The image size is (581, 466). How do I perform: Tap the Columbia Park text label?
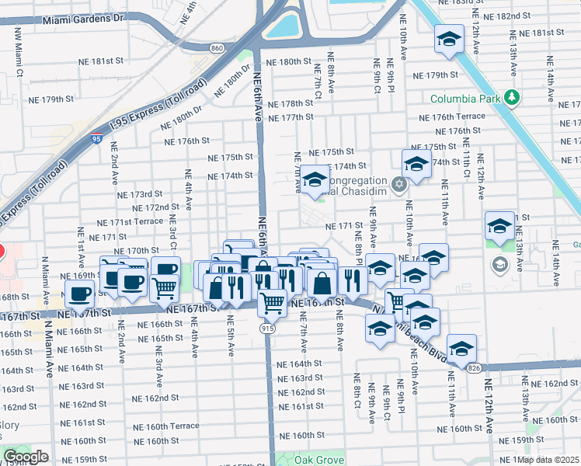click(465, 98)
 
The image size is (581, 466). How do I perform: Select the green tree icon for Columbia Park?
click(511, 97)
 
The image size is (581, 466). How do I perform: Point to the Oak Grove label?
click(319, 460)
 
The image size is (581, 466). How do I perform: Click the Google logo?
click(26, 457)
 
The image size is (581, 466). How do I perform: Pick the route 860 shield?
click(216, 48)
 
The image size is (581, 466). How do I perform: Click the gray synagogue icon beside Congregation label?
click(399, 185)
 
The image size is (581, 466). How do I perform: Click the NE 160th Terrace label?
click(165, 426)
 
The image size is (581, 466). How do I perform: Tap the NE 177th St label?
click(290, 116)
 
